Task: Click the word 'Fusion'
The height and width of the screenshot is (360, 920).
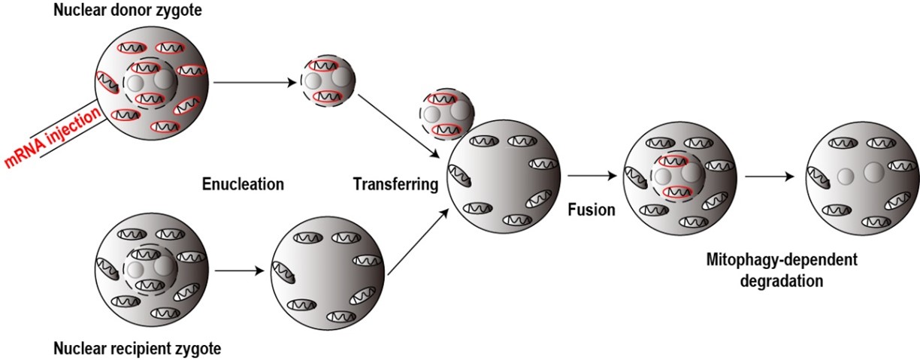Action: [x=591, y=210]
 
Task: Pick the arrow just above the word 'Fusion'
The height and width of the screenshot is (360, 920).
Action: [x=591, y=177]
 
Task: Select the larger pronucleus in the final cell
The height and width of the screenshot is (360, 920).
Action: [x=873, y=173]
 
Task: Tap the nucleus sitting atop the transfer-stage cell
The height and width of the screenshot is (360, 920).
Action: [x=443, y=114]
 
